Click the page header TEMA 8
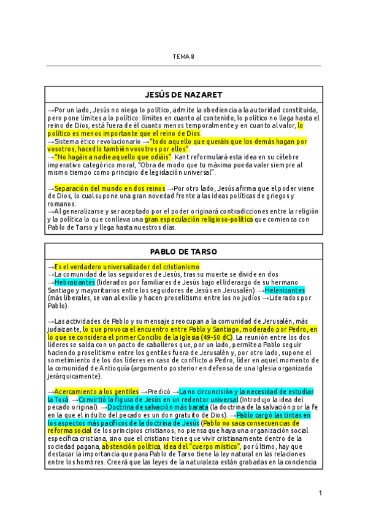tap(183, 56)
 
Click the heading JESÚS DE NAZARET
tap(183, 95)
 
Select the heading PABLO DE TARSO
tap(183, 251)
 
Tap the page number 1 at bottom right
tap(320, 493)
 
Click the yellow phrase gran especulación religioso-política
tap(198, 219)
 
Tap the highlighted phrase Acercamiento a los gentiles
tap(97, 391)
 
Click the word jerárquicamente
tap(72, 376)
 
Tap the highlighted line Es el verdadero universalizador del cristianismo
tap(128, 267)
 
